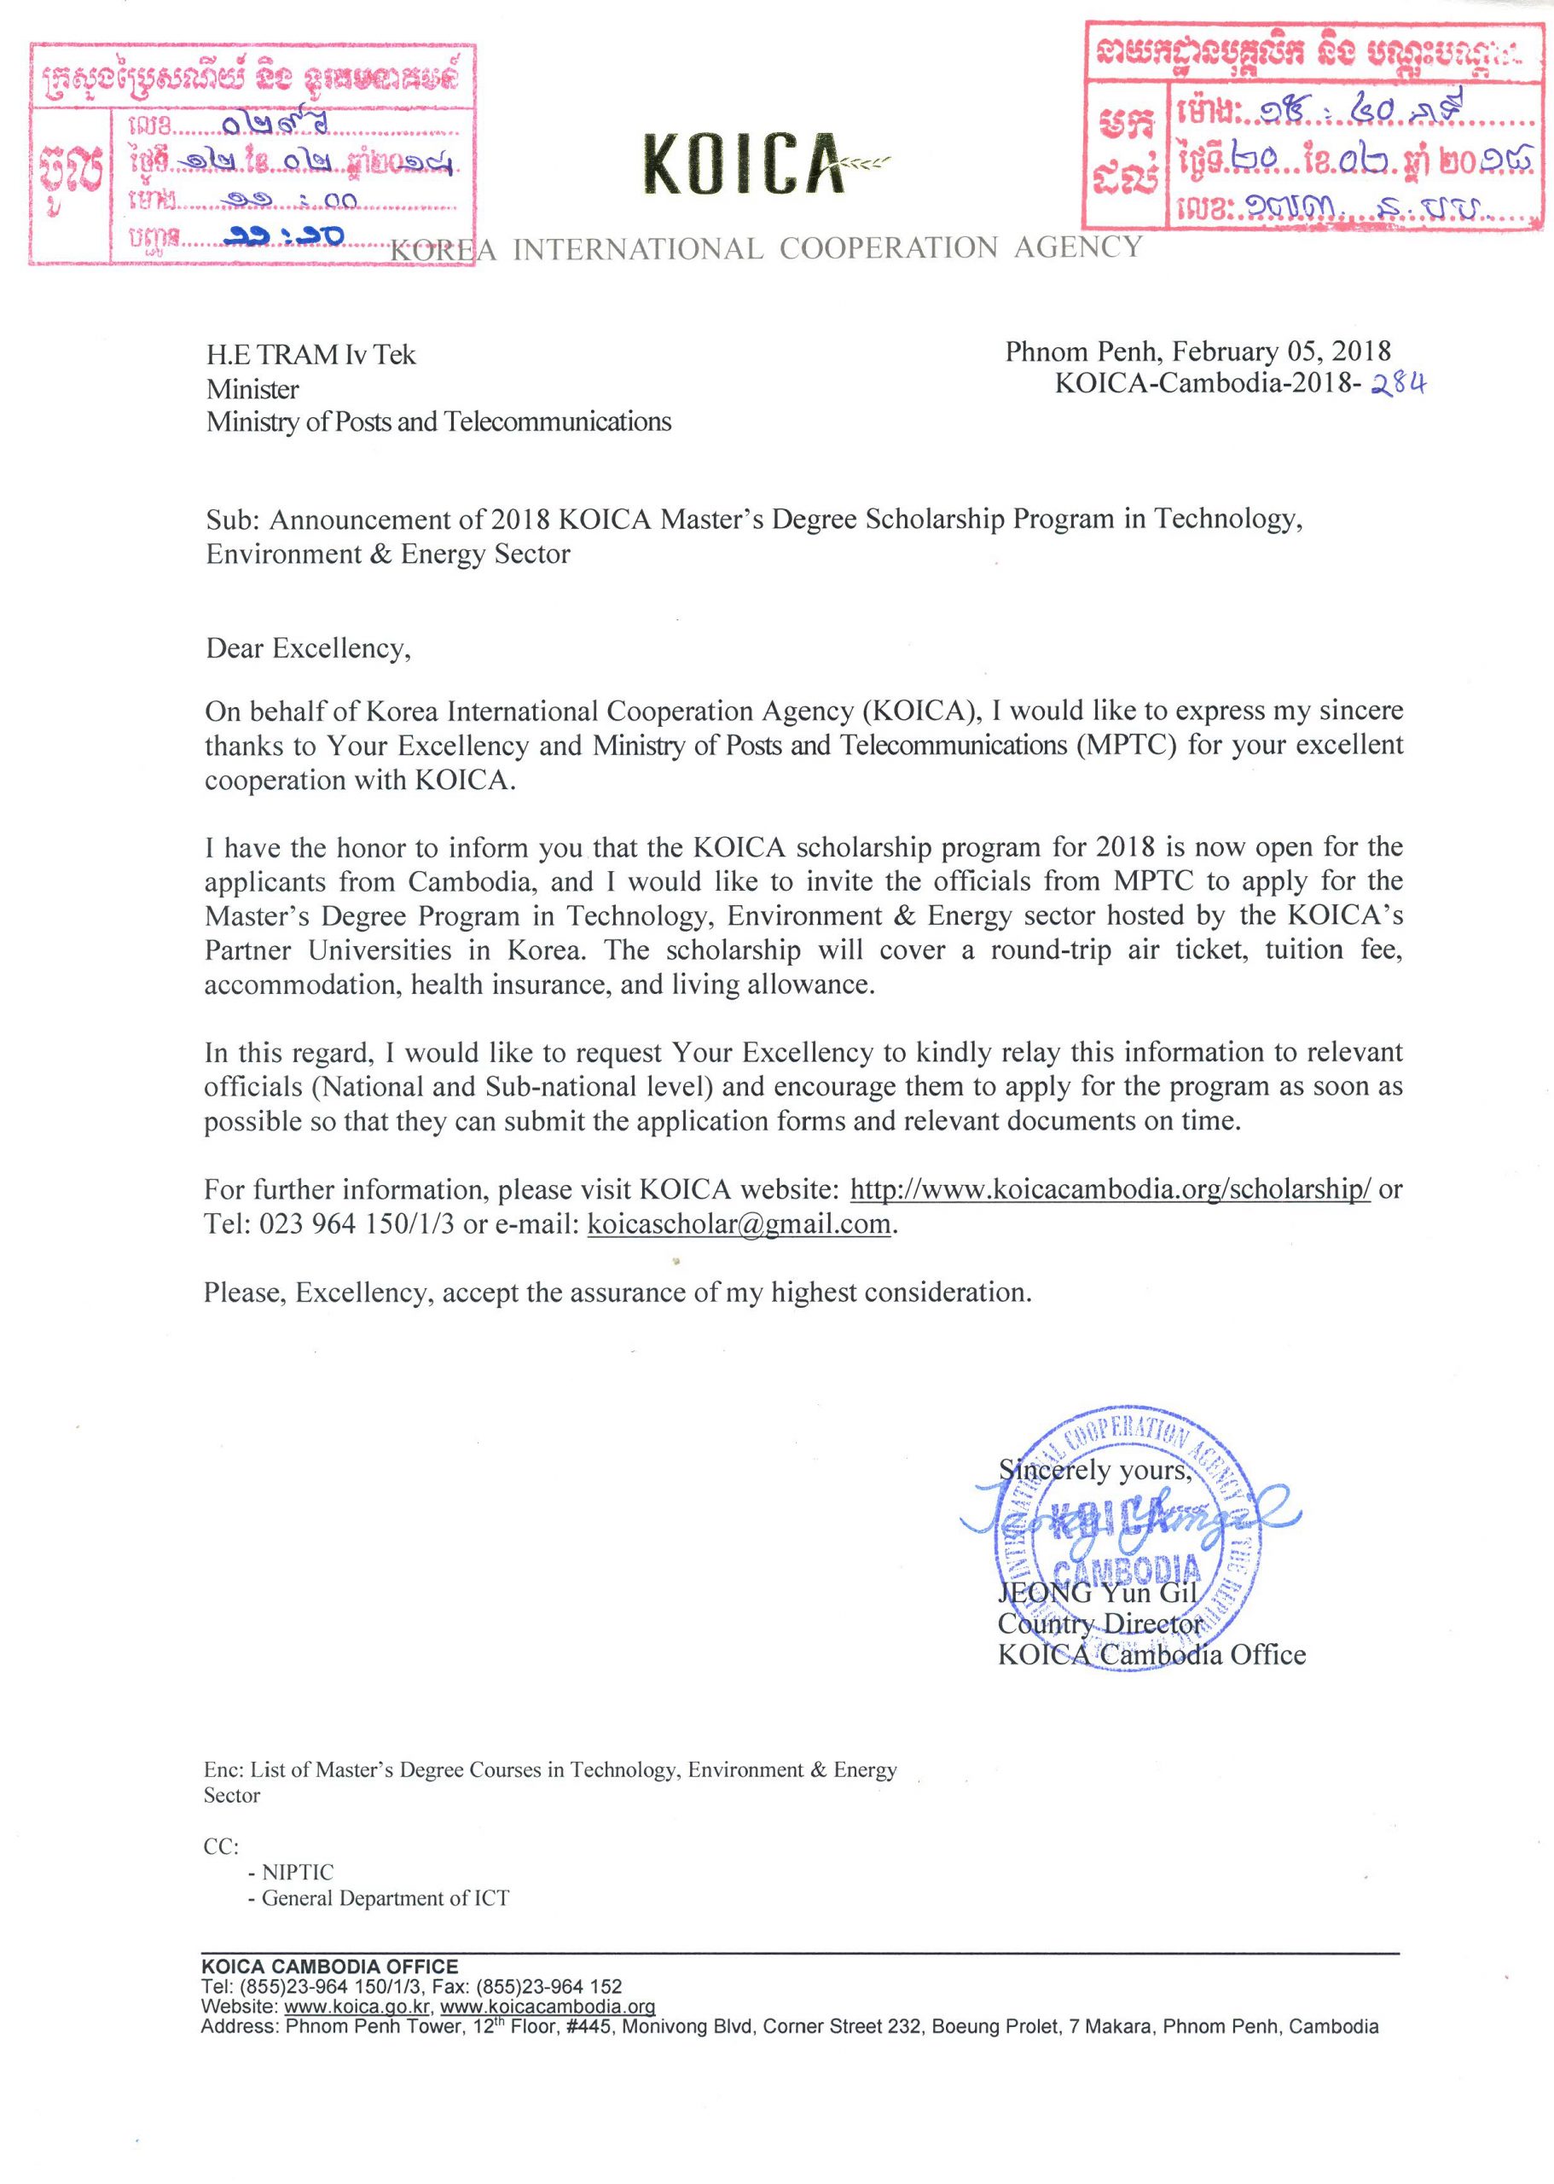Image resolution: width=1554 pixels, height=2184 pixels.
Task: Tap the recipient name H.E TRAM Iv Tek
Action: click(x=311, y=355)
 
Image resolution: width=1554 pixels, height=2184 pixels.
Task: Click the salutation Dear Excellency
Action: click(x=308, y=649)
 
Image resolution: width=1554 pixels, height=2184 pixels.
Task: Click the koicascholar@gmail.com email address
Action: click(x=739, y=1224)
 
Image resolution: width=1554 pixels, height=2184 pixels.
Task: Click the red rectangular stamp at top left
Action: click(x=252, y=153)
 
